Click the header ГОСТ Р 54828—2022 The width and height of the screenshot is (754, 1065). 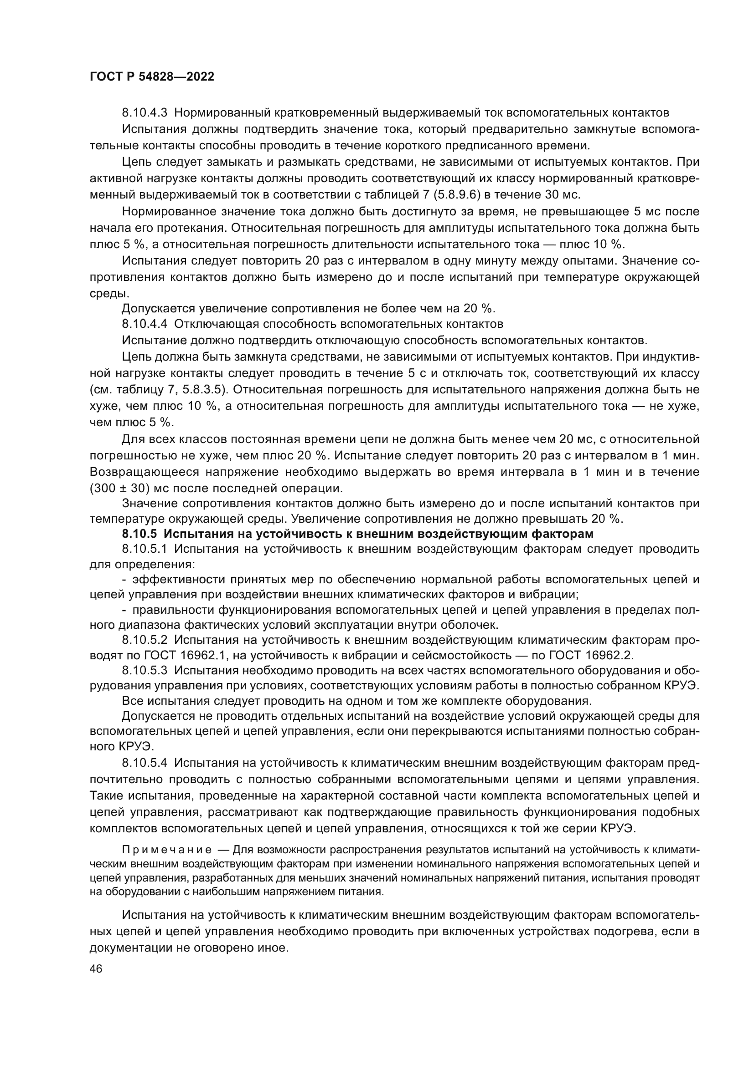point(152,77)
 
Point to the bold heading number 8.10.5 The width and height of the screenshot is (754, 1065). point(140,534)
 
